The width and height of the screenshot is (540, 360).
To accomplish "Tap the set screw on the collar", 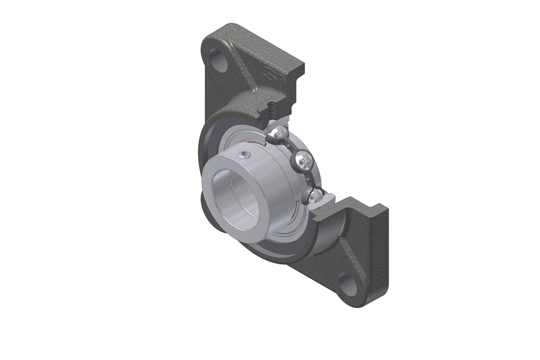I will coord(247,156).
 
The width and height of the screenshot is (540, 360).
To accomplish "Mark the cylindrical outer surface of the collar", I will coord(259,173).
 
